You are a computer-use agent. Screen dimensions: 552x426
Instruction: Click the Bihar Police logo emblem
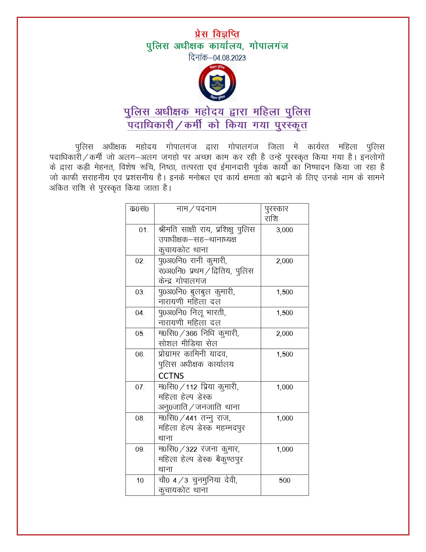click(217, 83)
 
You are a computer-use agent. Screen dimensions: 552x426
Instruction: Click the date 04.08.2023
click(230, 58)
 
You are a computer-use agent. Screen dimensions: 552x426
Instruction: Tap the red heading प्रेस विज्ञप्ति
click(217, 34)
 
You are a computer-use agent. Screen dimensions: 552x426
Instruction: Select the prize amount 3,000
click(284, 230)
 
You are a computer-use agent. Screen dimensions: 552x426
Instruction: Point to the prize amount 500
click(284, 480)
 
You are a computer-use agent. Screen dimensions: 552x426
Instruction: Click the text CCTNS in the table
click(171, 376)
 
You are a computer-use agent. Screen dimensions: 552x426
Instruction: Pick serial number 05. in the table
click(140, 334)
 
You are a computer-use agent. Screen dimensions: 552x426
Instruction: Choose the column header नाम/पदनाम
click(196, 209)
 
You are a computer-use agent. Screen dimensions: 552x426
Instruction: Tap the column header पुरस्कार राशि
click(276, 213)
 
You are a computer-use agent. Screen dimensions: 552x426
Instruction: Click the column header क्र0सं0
click(139, 209)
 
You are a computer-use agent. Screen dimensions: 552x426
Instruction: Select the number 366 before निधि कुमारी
click(191, 334)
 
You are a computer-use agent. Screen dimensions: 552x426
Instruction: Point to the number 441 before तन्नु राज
click(191, 418)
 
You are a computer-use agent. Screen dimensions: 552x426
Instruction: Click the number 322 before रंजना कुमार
click(191, 449)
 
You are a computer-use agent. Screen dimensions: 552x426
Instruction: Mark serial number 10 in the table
click(140, 480)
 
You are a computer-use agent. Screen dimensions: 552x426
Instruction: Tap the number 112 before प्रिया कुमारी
click(191, 387)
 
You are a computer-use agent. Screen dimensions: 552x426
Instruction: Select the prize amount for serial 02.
click(284, 261)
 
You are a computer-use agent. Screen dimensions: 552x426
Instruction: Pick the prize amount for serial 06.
click(284, 354)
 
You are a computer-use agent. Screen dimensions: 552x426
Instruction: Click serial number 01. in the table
click(143, 230)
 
